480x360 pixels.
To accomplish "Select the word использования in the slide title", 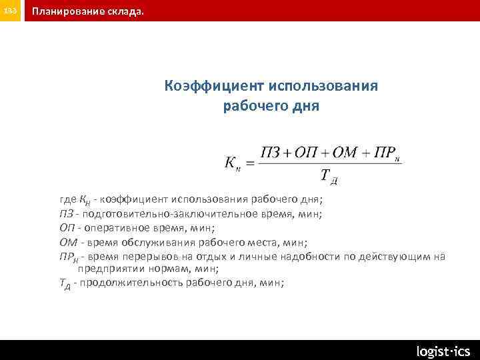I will pyautogui.click(x=325, y=86).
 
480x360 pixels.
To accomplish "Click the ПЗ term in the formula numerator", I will pyautogui.click(x=271, y=152).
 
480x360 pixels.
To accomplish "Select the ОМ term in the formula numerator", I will pyautogui.click(x=345, y=152).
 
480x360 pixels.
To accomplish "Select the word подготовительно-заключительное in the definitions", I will pyautogui.click(x=166, y=213).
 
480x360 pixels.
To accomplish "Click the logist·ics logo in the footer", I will pyautogui.click(x=443, y=351).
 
